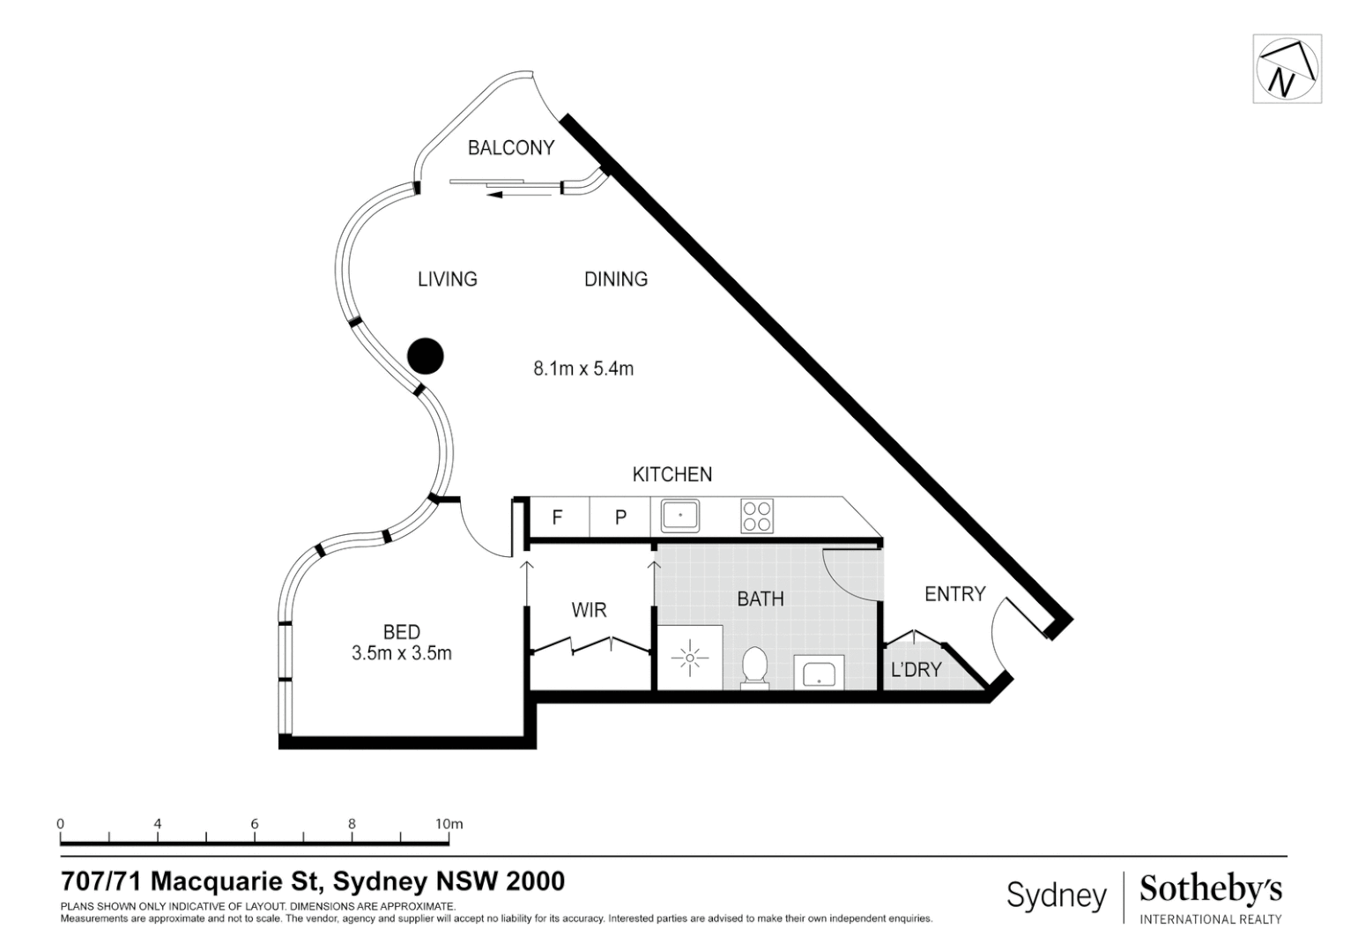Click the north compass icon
1287,69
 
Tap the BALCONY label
510,148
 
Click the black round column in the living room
425,356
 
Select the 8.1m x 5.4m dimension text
583,368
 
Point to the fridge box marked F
557,517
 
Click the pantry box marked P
620,517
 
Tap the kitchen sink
679,516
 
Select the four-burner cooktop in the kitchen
757,516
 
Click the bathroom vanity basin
820,673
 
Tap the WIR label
589,610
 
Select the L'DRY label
916,670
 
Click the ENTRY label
954,594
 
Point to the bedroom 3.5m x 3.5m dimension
401,653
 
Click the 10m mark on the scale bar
449,824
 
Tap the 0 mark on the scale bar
61,824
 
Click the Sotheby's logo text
1211,890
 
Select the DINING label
615,279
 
